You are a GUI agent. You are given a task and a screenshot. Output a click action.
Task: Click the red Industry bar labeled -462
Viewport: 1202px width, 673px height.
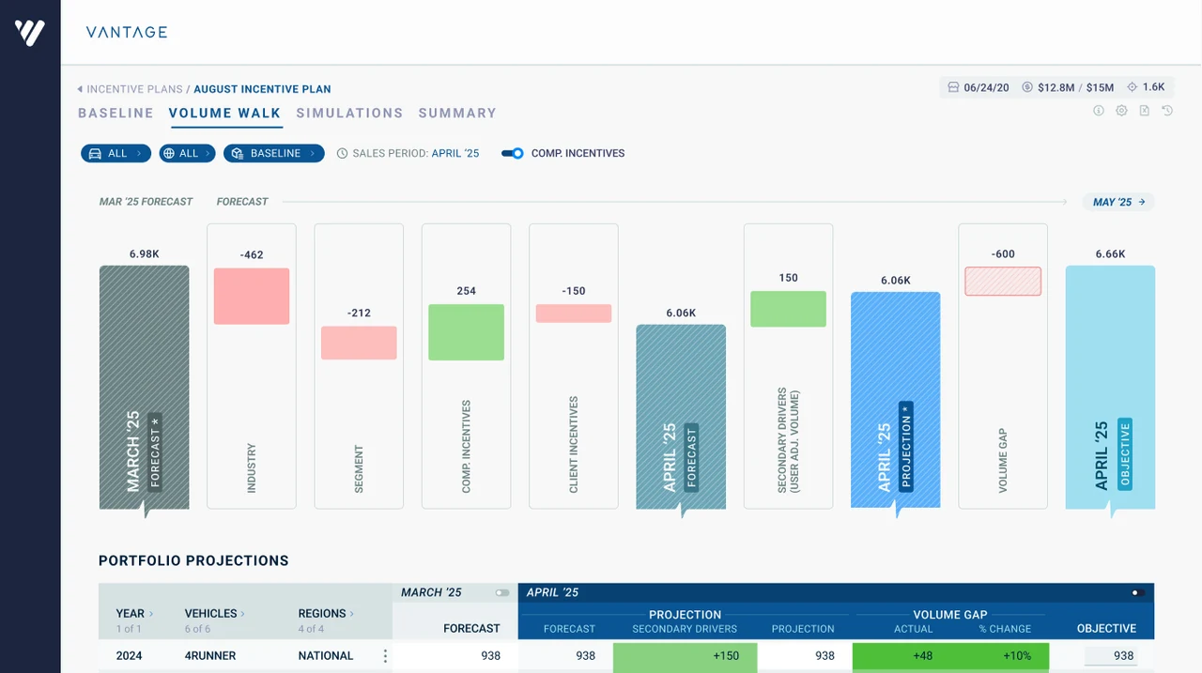click(251, 296)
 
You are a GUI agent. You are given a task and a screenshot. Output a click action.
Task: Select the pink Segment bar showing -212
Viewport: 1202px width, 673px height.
click(359, 343)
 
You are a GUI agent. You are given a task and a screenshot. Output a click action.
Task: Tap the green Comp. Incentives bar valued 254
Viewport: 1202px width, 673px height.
click(466, 332)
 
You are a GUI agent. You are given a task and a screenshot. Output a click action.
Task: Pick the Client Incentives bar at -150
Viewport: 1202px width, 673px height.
click(573, 314)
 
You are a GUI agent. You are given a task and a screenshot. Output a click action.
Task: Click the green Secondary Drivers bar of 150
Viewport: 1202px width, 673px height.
click(788, 309)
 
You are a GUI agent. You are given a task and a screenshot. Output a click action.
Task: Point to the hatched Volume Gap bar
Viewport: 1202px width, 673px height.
click(1002, 281)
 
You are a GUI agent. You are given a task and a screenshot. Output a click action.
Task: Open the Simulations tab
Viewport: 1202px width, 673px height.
click(349, 114)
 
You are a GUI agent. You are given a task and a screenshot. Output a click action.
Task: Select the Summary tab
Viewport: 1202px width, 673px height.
click(457, 114)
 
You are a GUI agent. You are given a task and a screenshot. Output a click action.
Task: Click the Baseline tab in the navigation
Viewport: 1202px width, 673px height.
click(116, 114)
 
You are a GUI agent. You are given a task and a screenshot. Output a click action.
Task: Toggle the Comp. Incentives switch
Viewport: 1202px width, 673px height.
click(512, 153)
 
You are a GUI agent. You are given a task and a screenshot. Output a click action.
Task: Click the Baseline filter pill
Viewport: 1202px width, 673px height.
click(273, 153)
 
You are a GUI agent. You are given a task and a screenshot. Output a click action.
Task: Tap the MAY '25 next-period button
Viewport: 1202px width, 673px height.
click(1118, 202)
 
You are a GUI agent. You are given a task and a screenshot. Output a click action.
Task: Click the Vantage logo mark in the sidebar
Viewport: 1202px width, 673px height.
click(29, 33)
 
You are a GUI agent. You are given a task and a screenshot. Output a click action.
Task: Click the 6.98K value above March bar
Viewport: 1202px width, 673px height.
click(144, 254)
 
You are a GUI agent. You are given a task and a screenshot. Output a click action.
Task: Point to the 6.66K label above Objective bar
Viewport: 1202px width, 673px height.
click(1110, 254)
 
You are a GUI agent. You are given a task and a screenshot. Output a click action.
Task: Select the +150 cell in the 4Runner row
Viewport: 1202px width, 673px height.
click(685, 656)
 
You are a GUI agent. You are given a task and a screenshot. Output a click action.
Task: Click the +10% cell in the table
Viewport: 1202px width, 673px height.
click(1017, 656)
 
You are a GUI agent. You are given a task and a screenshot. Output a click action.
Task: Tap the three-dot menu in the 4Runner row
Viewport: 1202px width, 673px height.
click(385, 656)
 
